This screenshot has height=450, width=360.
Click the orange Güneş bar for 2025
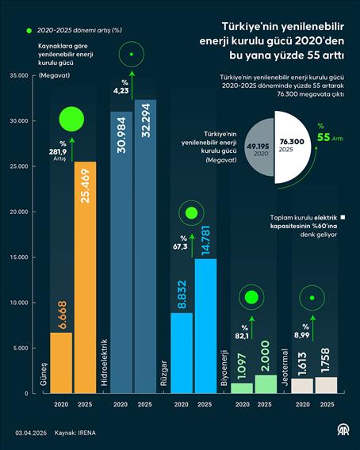[x=86, y=277]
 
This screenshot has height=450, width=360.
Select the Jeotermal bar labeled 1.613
[x=302, y=385]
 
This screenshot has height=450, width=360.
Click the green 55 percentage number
[x=324, y=137]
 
